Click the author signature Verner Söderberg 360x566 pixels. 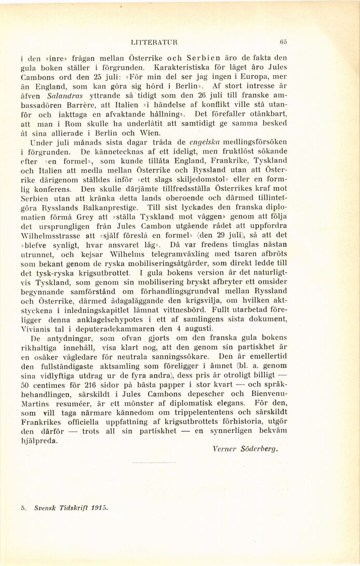(x=245, y=449)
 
